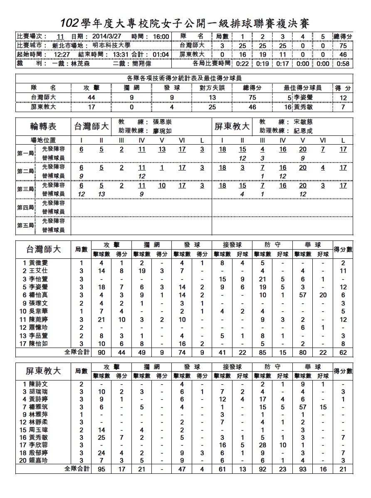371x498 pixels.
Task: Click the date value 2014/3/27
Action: [108, 37]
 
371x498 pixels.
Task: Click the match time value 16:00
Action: [161, 37]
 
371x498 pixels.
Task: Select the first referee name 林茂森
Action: [80, 64]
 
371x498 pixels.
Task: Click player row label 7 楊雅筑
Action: [35, 407]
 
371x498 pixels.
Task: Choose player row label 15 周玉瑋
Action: [35, 429]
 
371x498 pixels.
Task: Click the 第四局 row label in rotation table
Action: [26, 207]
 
